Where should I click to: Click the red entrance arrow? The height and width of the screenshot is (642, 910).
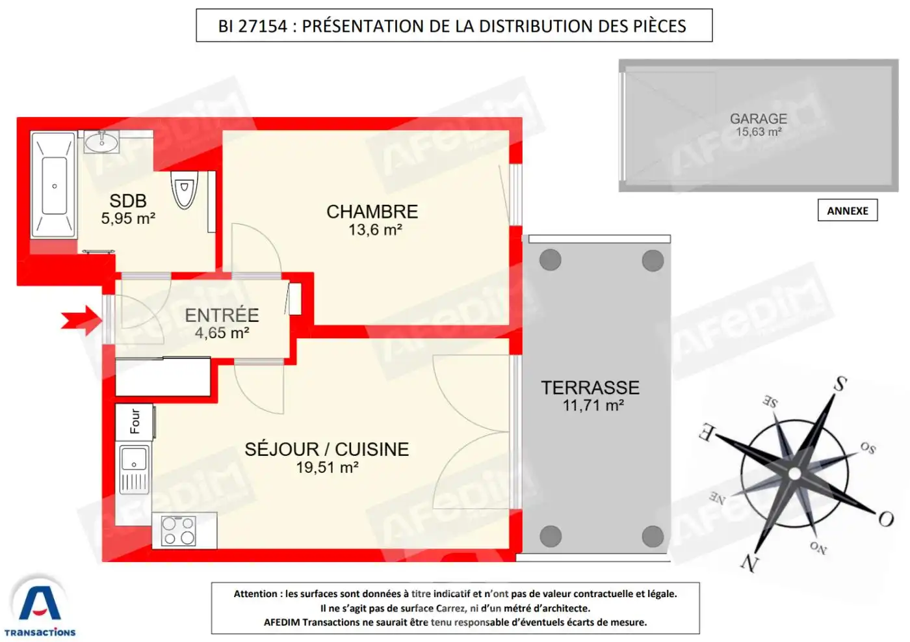click(x=82, y=321)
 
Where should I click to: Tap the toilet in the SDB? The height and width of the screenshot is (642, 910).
click(x=185, y=189)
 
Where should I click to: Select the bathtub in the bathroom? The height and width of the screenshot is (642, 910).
click(x=54, y=185)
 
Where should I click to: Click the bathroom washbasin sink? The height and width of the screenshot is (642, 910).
click(x=101, y=142)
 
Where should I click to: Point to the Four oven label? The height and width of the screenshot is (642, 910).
click(x=135, y=421)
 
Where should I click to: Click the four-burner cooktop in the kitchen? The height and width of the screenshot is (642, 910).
click(x=178, y=531)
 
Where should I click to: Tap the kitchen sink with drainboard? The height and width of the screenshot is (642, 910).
click(x=135, y=469)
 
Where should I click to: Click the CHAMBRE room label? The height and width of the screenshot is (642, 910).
click(x=372, y=212)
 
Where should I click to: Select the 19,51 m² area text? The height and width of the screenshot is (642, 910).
click(x=327, y=468)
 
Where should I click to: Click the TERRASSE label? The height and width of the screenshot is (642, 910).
click(x=590, y=388)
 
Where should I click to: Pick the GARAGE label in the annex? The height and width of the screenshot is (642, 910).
click(x=759, y=119)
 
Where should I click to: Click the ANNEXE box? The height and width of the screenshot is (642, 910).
click(x=848, y=210)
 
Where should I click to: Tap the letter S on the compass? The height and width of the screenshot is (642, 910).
click(x=840, y=383)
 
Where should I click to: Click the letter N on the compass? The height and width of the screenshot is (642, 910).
click(x=749, y=563)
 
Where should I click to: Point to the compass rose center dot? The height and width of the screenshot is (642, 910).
click(x=794, y=474)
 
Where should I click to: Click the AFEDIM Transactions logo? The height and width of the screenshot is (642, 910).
click(x=40, y=606)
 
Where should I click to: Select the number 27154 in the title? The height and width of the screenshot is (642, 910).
click(x=263, y=27)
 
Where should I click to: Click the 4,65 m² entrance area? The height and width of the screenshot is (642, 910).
click(x=222, y=333)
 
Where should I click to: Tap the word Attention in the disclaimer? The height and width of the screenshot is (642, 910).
click(x=255, y=594)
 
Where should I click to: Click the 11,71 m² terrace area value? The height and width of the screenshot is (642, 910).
click(x=593, y=405)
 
